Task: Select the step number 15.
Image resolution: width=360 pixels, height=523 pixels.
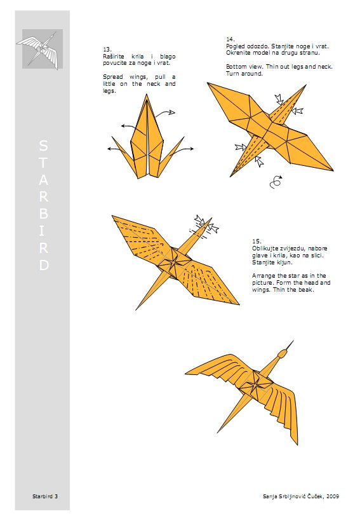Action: pyautogui.click(x=256, y=241)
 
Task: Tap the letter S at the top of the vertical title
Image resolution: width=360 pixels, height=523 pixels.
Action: pyautogui.click(x=43, y=146)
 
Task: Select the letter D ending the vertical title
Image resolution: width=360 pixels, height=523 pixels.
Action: pyautogui.click(x=43, y=266)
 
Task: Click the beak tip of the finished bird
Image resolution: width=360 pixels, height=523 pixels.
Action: pyautogui.click(x=294, y=342)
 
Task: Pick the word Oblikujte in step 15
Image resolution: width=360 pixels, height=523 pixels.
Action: pyautogui.click(x=267, y=248)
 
